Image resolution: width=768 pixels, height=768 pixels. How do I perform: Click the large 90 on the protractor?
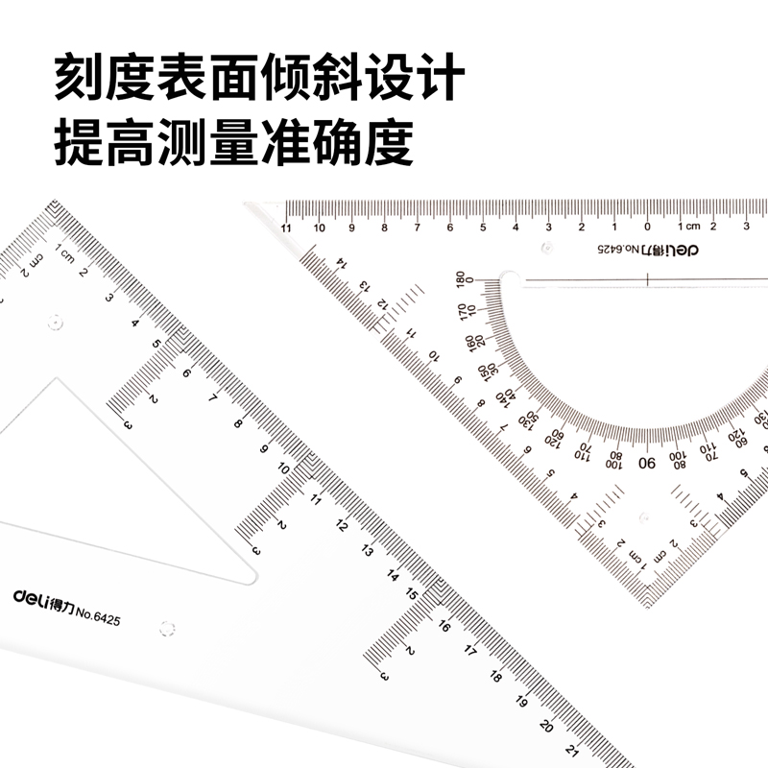pyautogui.click(x=646, y=463)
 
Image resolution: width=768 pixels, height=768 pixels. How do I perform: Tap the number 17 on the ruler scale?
pyautogui.click(x=469, y=650)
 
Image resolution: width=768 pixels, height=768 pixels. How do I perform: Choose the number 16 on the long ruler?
pyautogui.click(x=444, y=626)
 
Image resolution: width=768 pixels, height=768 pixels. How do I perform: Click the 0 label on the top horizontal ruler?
pyautogui.click(x=647, y=228)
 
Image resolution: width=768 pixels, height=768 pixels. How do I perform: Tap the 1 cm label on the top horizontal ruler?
pyautogui.click(x=687, y=228)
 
